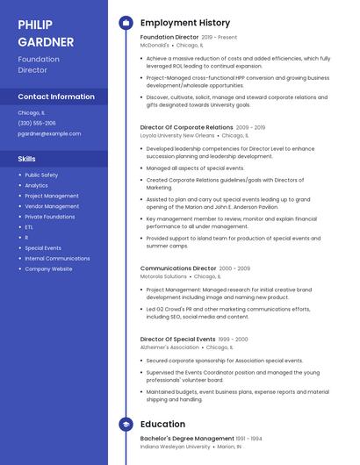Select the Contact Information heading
[x=56, y=97]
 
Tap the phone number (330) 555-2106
[x=36, y=123]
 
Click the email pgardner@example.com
[x=49, y=133]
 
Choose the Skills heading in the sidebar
[x=26, y=159]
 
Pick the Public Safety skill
[x=41, y=175]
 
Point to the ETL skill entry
[x=29, y=227]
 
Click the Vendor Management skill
[x=52, y=206]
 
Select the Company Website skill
[x=48, y=268]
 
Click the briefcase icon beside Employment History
[x=126, y=22]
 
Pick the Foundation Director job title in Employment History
[x=169, y=38]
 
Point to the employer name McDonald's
[x=155, y=44]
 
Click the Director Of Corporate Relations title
[x=187, y=127]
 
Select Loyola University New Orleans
[x=177, y=136]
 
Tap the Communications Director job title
[x=178, y=268]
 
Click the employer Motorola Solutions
[x=163, y=276]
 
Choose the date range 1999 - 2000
[x=234, y=339]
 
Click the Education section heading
[x=162, y=424]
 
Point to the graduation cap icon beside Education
[x=126, y=424]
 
